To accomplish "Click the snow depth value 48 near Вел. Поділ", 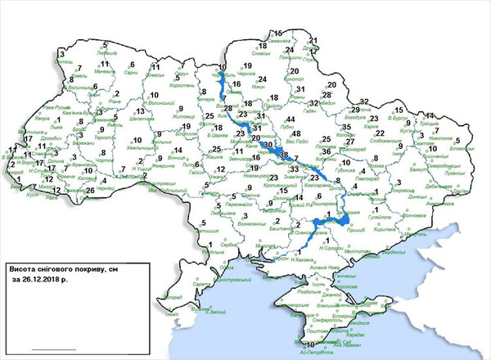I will [x=296, y=134].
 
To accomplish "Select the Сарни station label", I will [x=131, y=72].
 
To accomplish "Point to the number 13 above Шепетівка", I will [x=140, y=111].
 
